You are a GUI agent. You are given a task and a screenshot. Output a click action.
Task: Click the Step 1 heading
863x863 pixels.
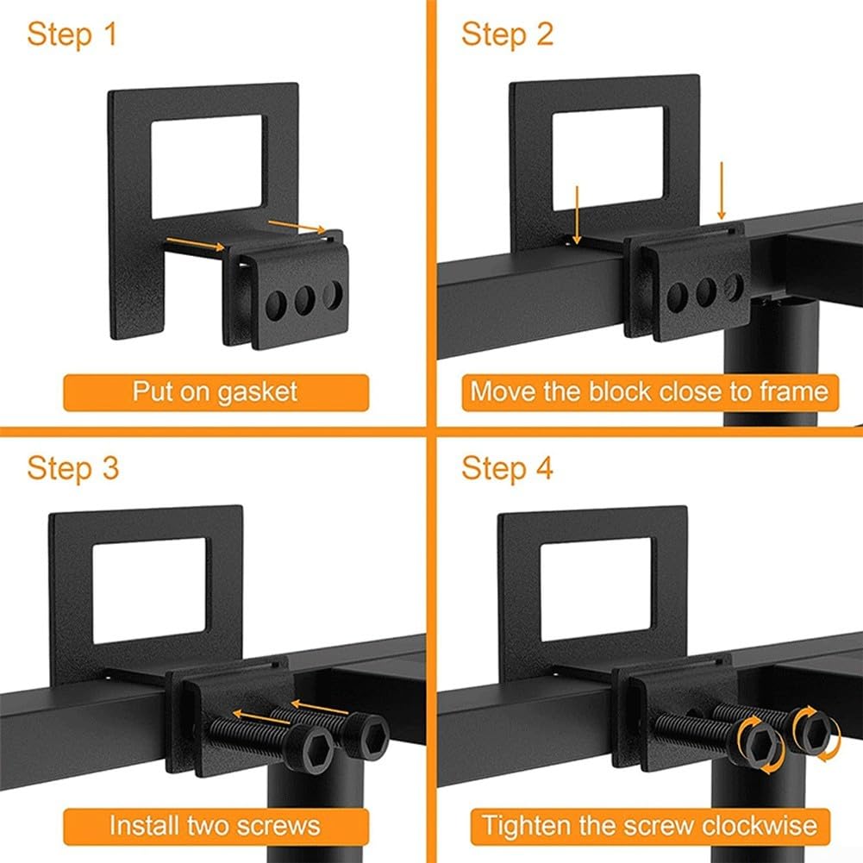(72, 35)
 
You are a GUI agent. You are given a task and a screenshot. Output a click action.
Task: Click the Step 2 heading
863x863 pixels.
(507, 35)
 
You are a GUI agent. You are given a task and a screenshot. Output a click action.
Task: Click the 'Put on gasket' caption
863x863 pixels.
(215, 391)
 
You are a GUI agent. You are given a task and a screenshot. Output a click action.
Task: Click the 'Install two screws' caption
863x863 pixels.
(215, 825)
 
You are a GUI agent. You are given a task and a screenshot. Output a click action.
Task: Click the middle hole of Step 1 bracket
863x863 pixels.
(304, 299)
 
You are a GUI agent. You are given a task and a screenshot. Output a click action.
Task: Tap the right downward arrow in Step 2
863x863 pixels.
(722, 192)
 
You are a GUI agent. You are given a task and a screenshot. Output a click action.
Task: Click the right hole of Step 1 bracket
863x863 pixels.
(332, 294)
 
